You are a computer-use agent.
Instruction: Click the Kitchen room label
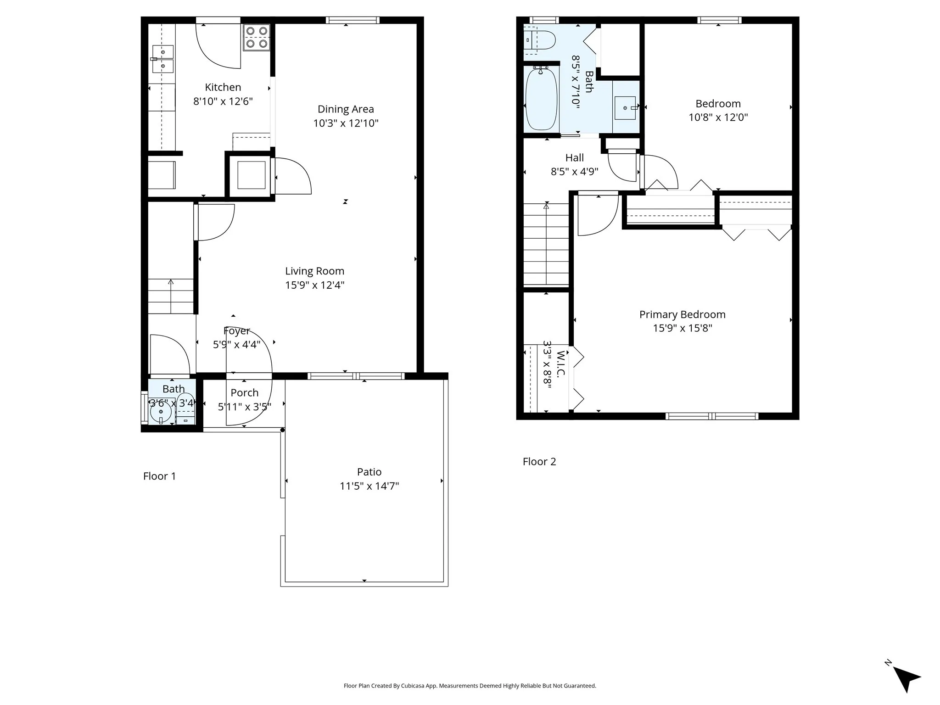[x=223, y=87]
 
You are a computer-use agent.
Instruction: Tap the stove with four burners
[x=257, y=38]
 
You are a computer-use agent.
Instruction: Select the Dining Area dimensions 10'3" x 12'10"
[x=346, y=123]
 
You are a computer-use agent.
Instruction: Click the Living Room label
[x=314, y=271]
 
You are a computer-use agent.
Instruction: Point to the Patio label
[x=369, y=472]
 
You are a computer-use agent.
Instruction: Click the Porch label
[x=244, y=393]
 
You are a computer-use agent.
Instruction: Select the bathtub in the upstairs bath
[x=541, y=99]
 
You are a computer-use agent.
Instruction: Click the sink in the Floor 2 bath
[x=625, y=108]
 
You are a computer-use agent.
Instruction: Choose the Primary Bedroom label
[x=682, y=314]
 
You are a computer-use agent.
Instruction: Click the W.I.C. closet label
[x=560, y=364]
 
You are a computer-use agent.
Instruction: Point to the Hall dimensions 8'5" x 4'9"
[x=574, y=172]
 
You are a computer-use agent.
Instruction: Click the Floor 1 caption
[x=159, y=476]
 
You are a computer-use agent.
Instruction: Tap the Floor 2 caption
[x=539, y=461]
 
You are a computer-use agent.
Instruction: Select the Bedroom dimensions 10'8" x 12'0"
[x=718, y=117]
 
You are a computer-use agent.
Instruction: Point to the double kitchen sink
[x=162, y=59]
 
